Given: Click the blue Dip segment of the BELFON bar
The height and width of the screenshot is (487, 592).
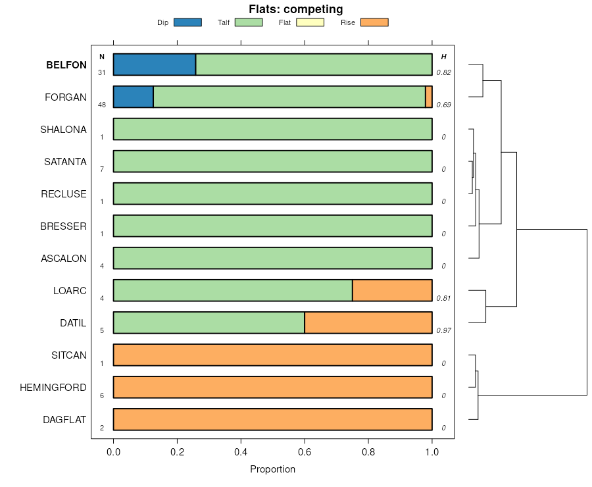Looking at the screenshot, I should tap(155, 64).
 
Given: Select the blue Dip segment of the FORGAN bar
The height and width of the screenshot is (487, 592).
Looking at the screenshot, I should tap(134, 97).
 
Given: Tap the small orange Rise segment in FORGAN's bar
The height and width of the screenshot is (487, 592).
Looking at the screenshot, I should tap(429, 97).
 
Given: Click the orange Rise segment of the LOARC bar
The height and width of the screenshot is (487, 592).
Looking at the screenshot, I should tap(392, 290).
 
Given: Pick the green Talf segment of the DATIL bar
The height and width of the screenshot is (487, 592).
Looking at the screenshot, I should tap(209, 322).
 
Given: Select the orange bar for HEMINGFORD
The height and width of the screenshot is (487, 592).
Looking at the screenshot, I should tap(272, 387).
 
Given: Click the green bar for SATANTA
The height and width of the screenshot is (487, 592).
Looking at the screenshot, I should tap(272, 161).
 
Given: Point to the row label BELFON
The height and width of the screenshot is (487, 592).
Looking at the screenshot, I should tap(66, 65).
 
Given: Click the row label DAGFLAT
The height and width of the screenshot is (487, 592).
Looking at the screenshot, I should tap(64, 419).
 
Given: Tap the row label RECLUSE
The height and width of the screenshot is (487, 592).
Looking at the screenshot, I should tap(64, 193).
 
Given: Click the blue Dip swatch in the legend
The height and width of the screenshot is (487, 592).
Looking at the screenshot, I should tap(187, 22).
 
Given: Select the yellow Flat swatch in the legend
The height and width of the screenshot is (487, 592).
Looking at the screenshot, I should tap(310, 22).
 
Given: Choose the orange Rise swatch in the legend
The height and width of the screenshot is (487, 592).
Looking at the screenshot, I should tap(374, 22).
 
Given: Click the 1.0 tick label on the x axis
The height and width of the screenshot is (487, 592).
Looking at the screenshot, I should tap(432, 452).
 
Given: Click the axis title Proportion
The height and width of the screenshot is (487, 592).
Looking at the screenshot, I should tap(272, 469).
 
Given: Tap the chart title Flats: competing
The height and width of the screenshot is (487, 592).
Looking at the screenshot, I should tap(296, 9).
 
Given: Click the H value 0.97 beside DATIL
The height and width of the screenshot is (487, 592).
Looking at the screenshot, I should tap(444, 330).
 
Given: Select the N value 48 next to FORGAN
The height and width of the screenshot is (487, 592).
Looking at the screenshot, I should tap(102, 105).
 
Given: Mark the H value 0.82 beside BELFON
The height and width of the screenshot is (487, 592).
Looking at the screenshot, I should tap(444, 72).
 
